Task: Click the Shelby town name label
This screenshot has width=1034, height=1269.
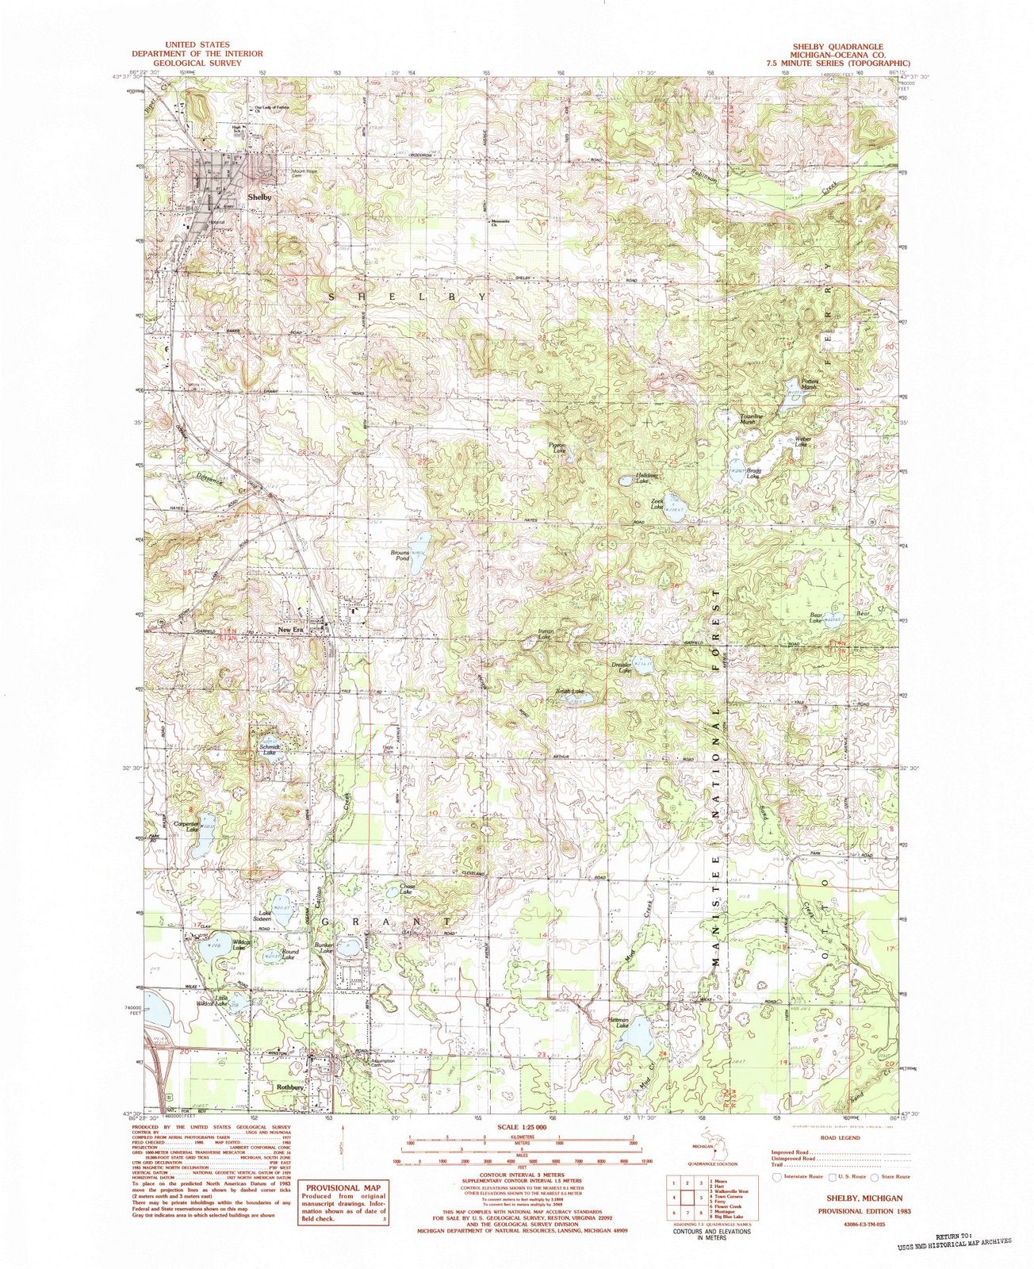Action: (259, 196)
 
